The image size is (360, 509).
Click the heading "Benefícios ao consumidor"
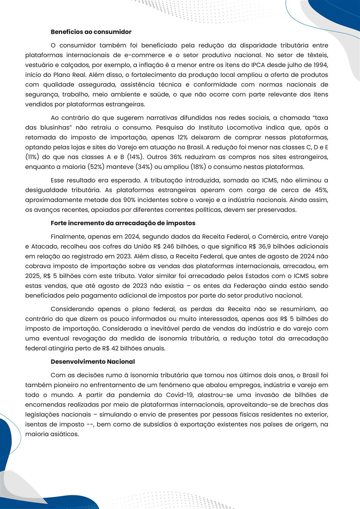coord(91,32)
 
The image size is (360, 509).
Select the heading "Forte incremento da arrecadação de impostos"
coord(123,223)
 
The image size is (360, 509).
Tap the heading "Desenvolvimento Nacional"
coord(92,362)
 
